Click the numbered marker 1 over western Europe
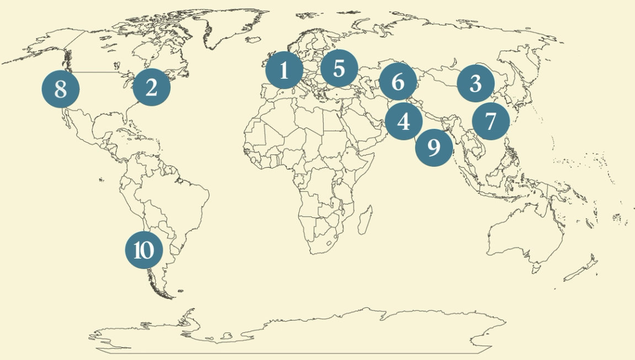click(284, 71)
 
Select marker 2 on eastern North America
click(151, 87)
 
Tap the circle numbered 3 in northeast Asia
click(476, 84)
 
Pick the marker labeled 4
click(404, 121)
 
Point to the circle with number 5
click(339, 69)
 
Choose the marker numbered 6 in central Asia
click(398, 82)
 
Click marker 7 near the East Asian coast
click(490, 121)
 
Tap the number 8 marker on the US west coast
click(61, 88)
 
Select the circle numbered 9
click(434, 147)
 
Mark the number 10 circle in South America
click(143, 250)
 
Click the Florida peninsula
click(130, 117)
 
